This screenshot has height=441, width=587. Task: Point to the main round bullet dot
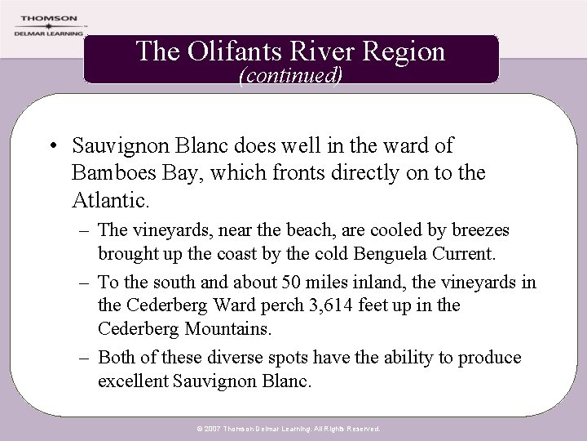51,148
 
